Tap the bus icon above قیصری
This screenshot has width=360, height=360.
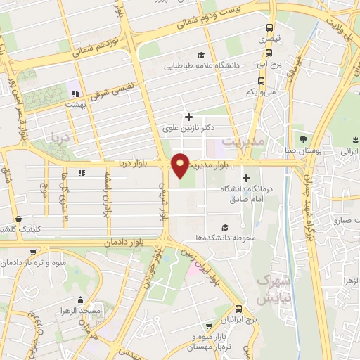[x=270, y=28]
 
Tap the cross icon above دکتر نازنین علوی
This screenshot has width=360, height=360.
[x=187, y=117]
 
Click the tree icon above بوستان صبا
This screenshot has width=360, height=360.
[x=304, y=139]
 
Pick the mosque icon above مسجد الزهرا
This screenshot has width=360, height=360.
[x=90, y=298]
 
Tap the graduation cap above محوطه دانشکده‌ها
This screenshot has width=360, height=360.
[x=224, y=226]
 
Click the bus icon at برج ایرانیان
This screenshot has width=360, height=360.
[x=240, y=309]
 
